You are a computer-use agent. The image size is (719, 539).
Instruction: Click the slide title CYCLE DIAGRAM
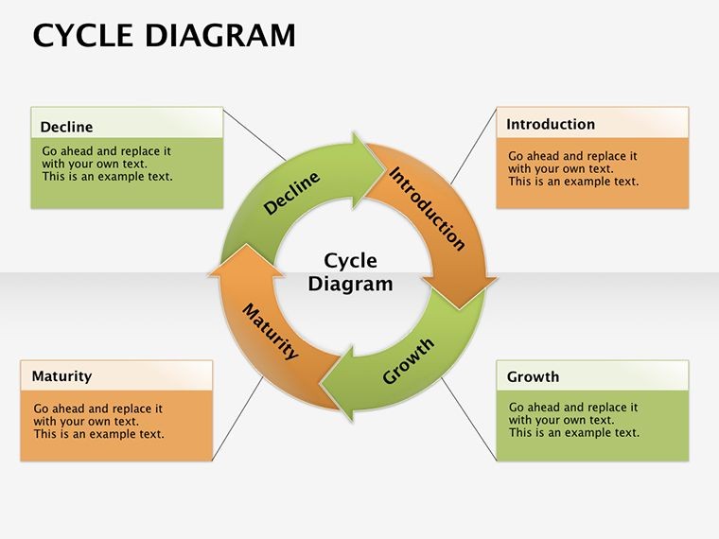coord(165,35)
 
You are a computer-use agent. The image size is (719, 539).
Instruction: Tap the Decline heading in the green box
coord(66,127)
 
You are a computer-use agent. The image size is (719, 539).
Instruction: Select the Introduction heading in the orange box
coord(551,124)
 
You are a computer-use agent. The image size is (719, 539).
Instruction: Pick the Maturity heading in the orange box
coord(61,376)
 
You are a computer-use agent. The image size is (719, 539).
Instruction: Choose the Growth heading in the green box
coord(533,376)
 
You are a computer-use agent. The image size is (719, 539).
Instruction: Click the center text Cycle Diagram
coord(350,272)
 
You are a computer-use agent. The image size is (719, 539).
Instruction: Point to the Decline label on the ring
coord(291,193)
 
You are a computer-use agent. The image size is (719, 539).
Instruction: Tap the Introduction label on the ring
coord(427,209)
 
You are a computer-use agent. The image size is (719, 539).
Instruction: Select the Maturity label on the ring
coord(271,331)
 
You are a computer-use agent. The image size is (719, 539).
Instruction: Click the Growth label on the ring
coord(408,361)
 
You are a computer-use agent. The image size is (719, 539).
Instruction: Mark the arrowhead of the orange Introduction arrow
coord(460,292)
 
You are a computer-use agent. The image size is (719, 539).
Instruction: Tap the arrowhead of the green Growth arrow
coord(337,384)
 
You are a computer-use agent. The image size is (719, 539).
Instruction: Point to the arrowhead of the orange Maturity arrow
coord(246,260)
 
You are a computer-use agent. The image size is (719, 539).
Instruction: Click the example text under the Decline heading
coord(107,164)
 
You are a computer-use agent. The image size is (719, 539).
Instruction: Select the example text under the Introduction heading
coord(573,168)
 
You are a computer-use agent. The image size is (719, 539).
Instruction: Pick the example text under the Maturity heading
coord(98,421)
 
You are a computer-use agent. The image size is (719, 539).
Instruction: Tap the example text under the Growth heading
coord(573,420)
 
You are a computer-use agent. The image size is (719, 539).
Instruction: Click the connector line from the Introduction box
coord(474,147)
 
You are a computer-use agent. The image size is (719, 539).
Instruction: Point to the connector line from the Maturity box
coord(238,418)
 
